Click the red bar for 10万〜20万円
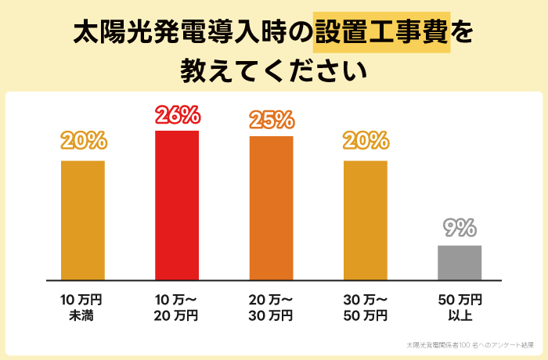tap(177, 205)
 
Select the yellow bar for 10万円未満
tap(82, 220)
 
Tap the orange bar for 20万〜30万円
tap(271, 207)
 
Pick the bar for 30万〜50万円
tap(366, 220)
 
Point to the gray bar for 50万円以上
tap(460, 262)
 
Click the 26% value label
tap(177, 116)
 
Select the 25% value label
tap(271, 121)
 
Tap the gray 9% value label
tap(460, 229)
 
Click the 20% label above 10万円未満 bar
tap(82, 142)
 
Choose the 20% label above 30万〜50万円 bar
tap(366, 142)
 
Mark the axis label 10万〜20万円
tap(177, 308)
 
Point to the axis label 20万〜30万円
tap(271, 308)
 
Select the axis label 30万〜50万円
tap(366, 308)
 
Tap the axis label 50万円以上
tap(460, 308)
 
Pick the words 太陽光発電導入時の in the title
tap(193, 33)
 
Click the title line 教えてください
tap(273, 70)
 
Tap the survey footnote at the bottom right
tap(470, 344)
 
